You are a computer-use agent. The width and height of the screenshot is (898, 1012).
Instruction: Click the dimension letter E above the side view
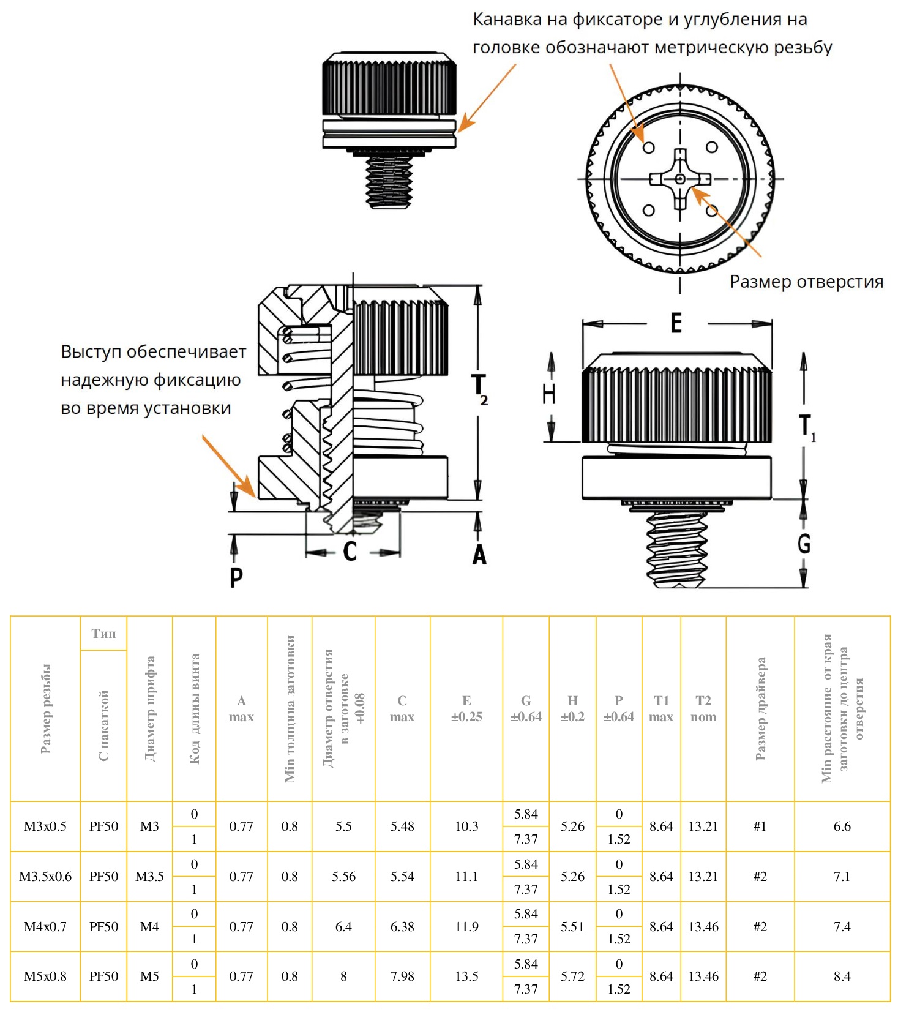(676, 323)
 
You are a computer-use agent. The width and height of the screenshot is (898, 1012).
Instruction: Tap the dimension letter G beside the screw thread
(804, 543)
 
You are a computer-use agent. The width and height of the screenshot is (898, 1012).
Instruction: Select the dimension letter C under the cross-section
(350, 551)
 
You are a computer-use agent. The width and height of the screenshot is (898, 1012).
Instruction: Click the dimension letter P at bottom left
(236, 577)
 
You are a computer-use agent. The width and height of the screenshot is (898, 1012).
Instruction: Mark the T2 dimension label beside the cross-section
(479, 389)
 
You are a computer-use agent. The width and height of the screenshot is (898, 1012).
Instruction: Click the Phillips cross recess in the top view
(680, 179)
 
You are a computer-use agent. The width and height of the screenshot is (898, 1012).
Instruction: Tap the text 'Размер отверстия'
(806, 282)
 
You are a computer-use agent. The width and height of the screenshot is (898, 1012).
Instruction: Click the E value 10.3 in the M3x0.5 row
(466, 826)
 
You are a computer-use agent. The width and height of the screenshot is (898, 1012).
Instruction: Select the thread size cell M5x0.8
(45, 976)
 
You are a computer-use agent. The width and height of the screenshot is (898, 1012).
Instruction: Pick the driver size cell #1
(760, 826)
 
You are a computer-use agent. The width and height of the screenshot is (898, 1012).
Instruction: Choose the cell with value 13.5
(466, 976)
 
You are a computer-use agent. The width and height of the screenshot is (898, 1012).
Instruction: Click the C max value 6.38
(402, 927)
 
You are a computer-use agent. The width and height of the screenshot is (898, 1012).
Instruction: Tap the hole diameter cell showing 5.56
(343, 877)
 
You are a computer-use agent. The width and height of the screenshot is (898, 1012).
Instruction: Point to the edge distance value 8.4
(842, 976)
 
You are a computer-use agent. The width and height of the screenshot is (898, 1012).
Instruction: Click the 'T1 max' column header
(661, 708)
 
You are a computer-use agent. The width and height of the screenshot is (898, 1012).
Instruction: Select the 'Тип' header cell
(103, 634)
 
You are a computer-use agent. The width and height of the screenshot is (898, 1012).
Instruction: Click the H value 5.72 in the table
(572, 976)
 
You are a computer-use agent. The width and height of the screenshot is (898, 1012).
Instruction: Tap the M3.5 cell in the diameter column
(149, 877)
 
